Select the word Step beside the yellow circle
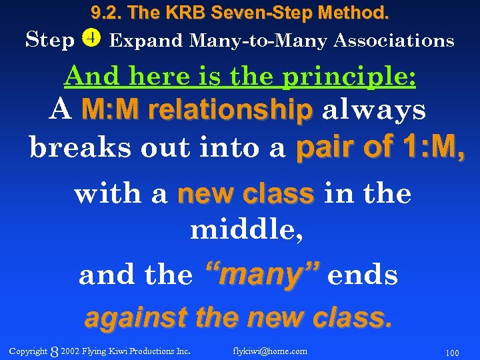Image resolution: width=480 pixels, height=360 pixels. tap(50, 41)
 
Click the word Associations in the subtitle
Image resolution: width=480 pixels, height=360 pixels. tap(393, 41)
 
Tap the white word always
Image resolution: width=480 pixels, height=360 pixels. tap(373, 111)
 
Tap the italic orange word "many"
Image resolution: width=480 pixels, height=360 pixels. tap(262, 275)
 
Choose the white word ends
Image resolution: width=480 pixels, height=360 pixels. tap(363, 275)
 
